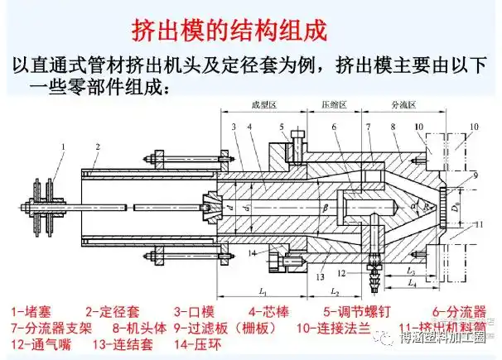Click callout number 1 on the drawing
(x=63, y=146)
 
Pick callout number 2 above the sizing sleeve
(x=97, y=146)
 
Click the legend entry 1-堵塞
(x=31, y=312)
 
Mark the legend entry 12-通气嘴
(x=40, y=343)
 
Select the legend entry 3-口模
(x=194, y=312)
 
